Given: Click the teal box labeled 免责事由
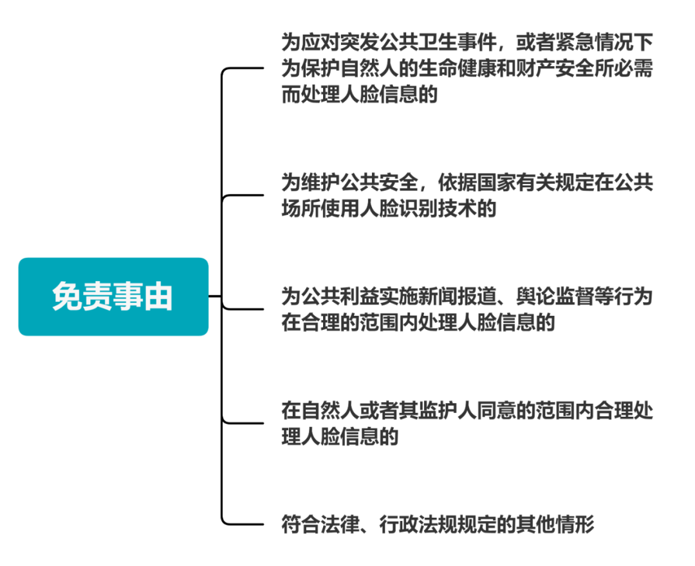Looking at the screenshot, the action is [x=113, y=297].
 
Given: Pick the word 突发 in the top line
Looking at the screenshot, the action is [x=356, y=43].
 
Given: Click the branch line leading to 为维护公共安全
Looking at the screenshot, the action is [x=245, y=195].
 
